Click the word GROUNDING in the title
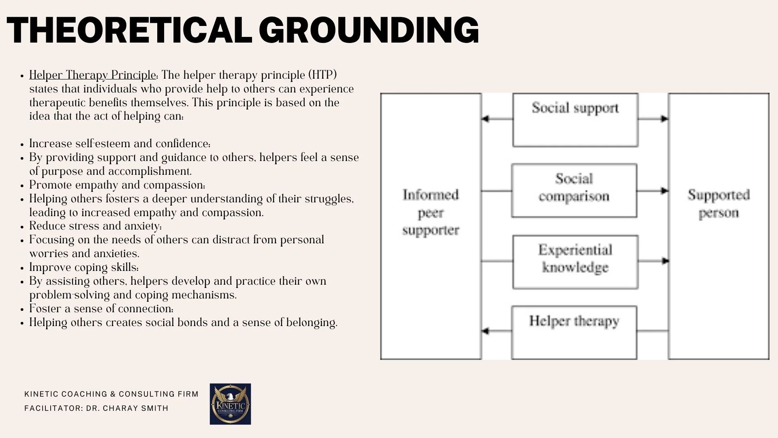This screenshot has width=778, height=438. click(369, 30)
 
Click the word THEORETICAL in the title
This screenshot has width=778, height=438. click(130, 30)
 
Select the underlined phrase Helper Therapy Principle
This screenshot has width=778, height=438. click(93, 75)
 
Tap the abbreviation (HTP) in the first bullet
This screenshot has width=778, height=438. click(323, 75)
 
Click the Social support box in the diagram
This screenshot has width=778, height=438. click(575, 120)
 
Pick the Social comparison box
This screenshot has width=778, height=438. click(574, 191)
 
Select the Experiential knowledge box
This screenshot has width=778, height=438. click(575, 262)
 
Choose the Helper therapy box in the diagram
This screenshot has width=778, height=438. click(574, 332)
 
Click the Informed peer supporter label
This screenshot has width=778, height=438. click(431, 212)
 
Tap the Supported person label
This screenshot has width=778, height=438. click(718, 203)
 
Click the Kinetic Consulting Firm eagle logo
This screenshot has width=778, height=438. click(230, 404)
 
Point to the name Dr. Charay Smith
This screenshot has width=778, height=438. click(127, 408)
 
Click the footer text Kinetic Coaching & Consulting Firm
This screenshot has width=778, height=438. click(111, 394)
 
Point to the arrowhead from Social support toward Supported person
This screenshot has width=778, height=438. click(665, 119)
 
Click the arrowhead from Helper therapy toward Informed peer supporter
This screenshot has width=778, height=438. click(485, 331)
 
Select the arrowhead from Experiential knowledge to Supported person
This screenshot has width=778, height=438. click(665, 261)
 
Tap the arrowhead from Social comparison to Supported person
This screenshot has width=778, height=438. click(665, 191)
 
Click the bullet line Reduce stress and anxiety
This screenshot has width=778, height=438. click(95, 226)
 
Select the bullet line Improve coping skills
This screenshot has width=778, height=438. click(84, 267)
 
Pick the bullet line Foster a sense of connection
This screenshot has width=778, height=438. click(101, 309)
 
